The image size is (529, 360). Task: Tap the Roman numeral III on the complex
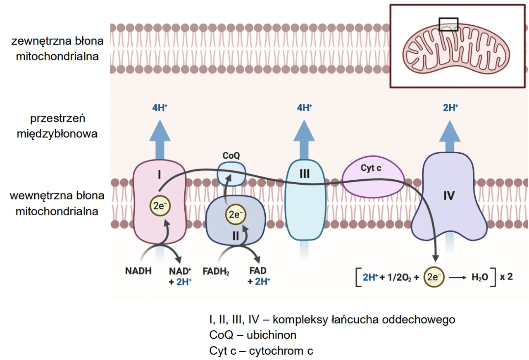[x=305, y=174]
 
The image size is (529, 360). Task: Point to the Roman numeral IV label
[x=449, y=195]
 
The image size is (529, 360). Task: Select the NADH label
[x=138, y=272]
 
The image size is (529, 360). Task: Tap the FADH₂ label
[x=216, y=272]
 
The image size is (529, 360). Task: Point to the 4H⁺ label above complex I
[x=160, y=108]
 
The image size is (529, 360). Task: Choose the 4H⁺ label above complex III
[x=305, y=108]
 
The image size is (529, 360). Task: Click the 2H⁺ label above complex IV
[x=450, y=108]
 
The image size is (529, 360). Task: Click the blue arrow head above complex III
[x=305, y=129]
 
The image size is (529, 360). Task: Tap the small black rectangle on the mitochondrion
[x=448, y=24]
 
